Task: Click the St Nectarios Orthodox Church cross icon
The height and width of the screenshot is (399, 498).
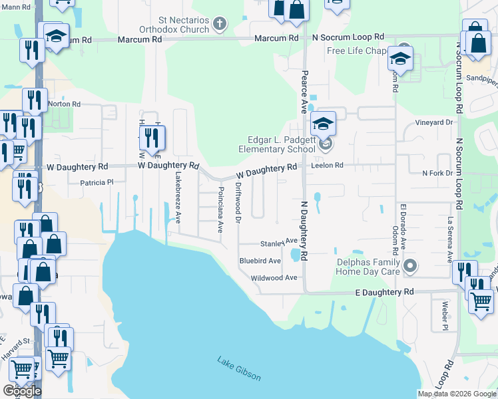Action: (220, 25)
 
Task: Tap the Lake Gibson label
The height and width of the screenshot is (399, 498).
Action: (239, 369)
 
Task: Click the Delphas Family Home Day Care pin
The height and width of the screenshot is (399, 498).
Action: (410, 267)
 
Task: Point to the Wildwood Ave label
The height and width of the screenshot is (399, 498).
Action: (274, 278)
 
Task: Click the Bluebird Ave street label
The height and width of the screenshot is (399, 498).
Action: (260, 261)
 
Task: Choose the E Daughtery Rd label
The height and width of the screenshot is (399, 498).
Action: (383, 292)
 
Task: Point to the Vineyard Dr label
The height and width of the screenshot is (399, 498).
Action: (434, 122)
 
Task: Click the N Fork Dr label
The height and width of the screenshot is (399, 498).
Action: (437, 173)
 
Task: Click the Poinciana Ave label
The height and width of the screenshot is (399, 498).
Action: (220, 208)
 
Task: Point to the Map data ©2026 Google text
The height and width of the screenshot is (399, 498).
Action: (456, 394)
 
